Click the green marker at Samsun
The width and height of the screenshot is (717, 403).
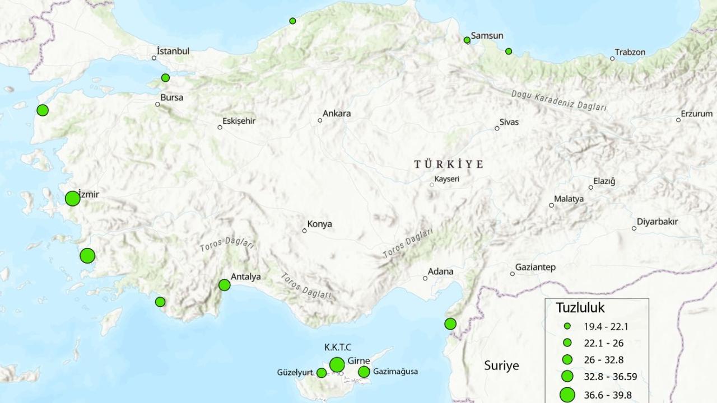[467, 40]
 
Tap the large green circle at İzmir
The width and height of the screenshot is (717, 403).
[72, 199]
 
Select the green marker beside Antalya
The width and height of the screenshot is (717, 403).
[224, 285]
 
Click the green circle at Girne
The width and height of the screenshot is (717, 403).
[337, 365]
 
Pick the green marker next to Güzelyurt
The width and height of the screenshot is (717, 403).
[322, 373]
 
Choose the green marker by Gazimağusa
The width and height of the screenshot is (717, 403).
[364, 372]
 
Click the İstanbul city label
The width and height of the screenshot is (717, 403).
[173, 51]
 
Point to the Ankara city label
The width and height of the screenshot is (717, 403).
[337, 114]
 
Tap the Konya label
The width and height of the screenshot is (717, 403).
[319, 224]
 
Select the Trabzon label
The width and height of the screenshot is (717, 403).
[630, 53]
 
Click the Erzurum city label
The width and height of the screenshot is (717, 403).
[697, 114]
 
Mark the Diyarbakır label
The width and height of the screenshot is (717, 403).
[657, 222]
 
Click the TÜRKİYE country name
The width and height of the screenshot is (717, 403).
[449, 164]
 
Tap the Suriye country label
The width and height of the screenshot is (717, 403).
[501, 366]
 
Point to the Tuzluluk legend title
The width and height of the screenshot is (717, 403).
[580, 308]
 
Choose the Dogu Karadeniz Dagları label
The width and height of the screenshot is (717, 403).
[558, 101]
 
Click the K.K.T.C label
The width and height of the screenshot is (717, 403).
[338, 348]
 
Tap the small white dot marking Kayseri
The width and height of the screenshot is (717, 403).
[432, 185]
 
